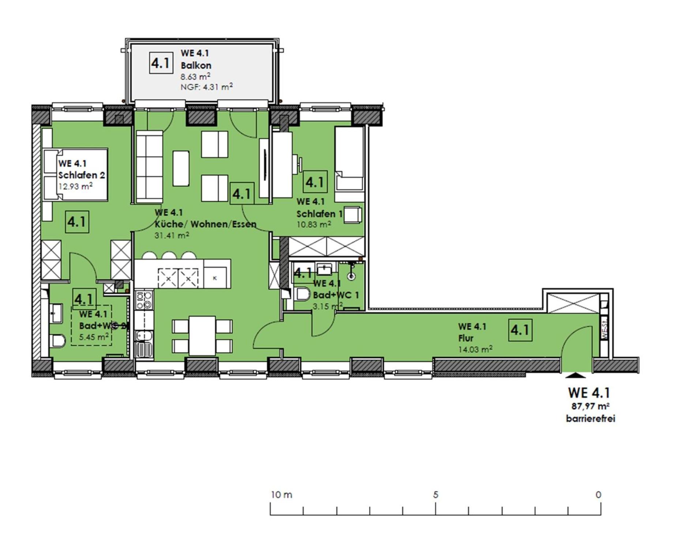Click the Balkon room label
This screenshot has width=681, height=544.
tap(196, 65)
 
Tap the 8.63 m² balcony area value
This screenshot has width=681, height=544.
tap(195, 76)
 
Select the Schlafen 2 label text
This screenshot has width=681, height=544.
tap(81, 175)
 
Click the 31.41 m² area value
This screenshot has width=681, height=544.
tap(172, 235)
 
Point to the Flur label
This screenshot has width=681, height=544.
tap(466, 338)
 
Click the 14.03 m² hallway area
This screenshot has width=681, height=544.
tap(475, 350)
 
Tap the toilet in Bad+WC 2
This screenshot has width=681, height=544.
tap(58, 341)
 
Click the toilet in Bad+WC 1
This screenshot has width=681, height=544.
tap(302, 294)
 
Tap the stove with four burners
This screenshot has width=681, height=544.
tap(144, 300)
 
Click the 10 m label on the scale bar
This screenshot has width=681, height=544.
tap(281, 495)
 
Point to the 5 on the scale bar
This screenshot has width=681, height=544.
tap(435, 495)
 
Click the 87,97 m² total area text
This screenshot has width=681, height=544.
tap(590, 406)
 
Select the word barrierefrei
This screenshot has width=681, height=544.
tap(590, 419)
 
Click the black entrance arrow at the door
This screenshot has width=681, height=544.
tap(575, 375)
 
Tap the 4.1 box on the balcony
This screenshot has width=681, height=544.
tap(161, 63)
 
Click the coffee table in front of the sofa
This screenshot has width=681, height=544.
tap(181, 169)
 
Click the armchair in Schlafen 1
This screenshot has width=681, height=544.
tap(353, 215)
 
